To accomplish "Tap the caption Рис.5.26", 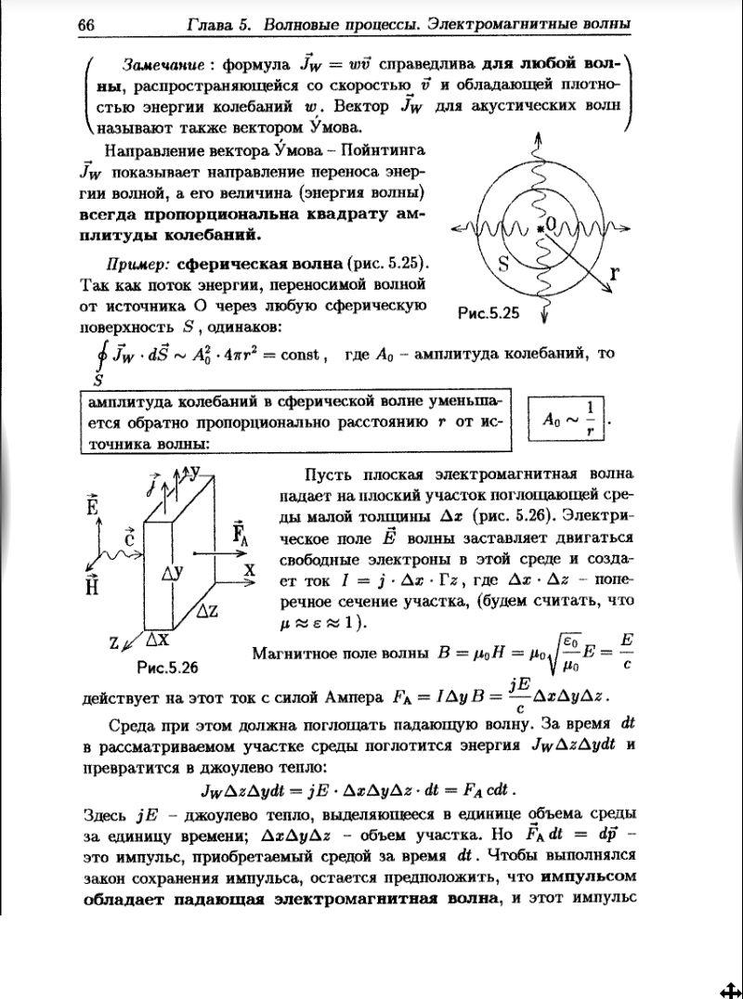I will pos(167,667).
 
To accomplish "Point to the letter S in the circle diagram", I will pos(504,264).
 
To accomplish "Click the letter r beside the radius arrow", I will pos(614,273).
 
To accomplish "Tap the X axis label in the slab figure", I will pos(249,572).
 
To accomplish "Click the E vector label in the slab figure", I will pos(92,505).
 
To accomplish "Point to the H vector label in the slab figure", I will pos(92,585).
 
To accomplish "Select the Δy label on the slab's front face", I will pos(173,575).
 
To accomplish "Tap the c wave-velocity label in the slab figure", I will pos(130,537).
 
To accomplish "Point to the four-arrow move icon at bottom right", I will pos(729,987).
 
